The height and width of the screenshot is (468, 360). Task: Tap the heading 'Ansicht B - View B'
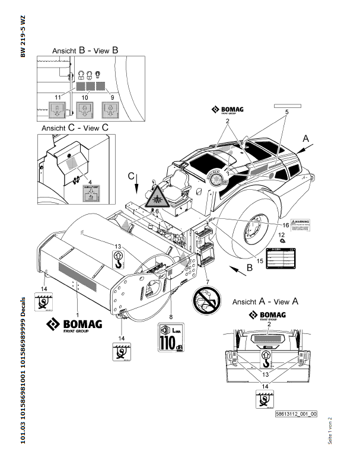pos(85,52)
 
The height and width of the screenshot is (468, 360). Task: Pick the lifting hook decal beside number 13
pos(119,258)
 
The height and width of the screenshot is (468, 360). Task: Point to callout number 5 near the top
pos(286,111)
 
